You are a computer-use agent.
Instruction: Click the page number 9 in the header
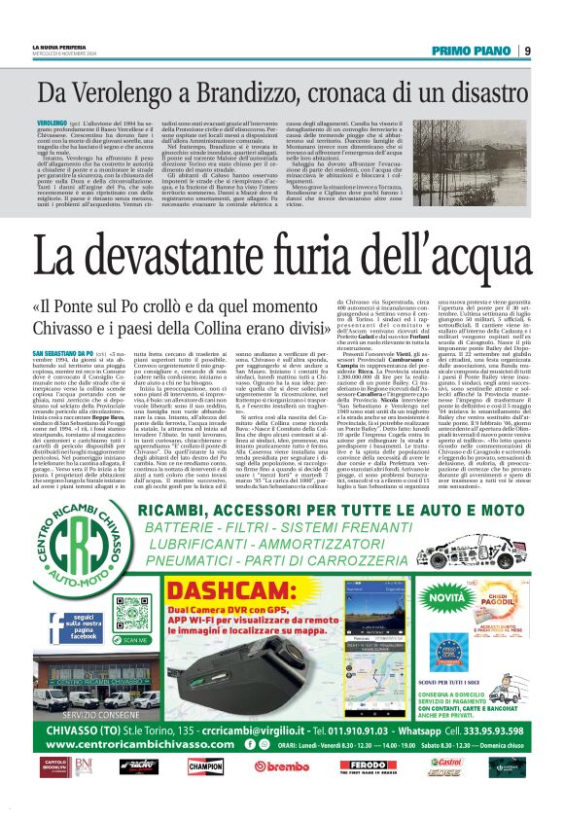click(526, 51)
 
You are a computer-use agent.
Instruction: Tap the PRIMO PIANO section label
click(472, 51)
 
